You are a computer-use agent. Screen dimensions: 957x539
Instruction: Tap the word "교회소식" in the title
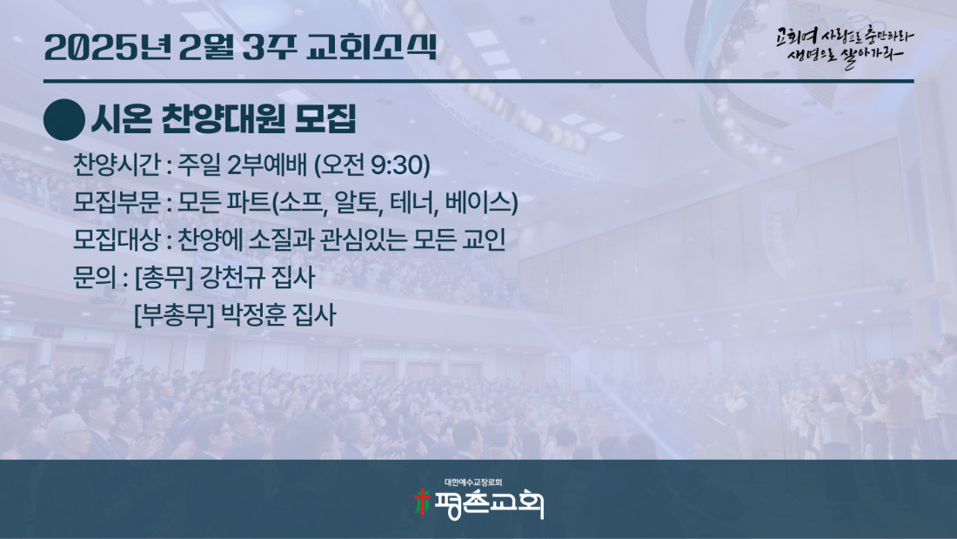click(x=371, y=47)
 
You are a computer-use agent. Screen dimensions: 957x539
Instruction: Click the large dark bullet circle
click(x=64, y=120)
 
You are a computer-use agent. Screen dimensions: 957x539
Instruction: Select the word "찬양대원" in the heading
click(x=223, y=119)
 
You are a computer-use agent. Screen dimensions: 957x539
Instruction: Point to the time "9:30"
click(x=397, y=165)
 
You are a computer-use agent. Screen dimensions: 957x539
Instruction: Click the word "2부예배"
click(x=267, y=165)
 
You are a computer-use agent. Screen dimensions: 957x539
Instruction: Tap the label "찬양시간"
click(x=116, y=165)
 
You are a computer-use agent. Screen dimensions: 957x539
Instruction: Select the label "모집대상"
click(x=116, y=239)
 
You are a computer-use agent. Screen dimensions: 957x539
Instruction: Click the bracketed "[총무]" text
click(x=164, y=278)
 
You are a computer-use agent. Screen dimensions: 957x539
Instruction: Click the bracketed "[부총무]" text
click(x=174, y=315)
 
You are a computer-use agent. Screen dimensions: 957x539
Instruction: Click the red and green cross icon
click(x=422, y=502)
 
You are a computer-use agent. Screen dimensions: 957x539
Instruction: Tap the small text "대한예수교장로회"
click(x=473, y=482)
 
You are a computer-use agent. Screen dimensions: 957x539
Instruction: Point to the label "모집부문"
click(x=116, y=202)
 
